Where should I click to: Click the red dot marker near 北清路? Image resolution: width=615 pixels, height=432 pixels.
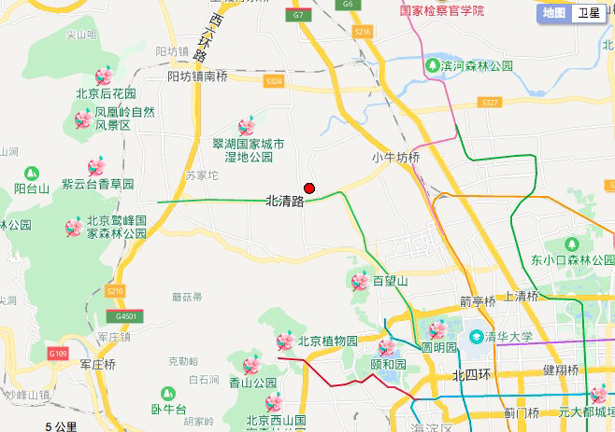point(309,188)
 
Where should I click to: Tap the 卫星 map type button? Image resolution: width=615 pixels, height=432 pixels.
point(588,12)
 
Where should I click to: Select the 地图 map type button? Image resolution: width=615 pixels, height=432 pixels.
point(554,12)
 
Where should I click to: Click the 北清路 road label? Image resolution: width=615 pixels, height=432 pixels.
point(285,201)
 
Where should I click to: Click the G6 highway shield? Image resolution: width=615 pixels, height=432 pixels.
point(348,5)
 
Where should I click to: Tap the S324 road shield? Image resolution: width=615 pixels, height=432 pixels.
point(274,82)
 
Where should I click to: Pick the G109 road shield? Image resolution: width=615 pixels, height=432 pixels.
point(57,354)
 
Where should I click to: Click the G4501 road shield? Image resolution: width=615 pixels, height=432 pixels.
point(127,316)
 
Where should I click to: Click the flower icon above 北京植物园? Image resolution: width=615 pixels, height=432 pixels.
point(284,341)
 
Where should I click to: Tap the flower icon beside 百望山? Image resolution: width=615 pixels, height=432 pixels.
point(359,280)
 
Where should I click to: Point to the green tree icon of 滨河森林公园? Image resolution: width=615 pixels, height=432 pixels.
point(433,65)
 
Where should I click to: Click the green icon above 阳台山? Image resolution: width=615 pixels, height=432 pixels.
point(32,173)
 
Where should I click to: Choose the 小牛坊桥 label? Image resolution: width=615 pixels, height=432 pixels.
point(395,157)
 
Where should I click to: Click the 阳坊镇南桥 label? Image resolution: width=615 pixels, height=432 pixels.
point(197,77)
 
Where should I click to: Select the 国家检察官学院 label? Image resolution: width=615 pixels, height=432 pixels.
point(442,11)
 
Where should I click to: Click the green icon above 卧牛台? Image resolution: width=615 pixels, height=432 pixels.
point(168,394)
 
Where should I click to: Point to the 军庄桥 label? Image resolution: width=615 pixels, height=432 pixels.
point(97,364)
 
